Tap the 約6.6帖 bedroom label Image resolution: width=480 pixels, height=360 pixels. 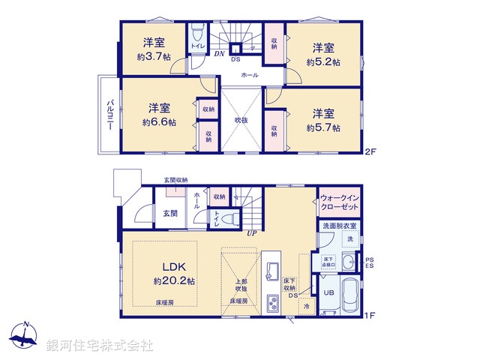[x=159, y=121]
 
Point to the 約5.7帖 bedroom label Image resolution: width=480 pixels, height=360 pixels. [x=323, y=127]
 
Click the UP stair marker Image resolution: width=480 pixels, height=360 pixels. [x=252, y=233]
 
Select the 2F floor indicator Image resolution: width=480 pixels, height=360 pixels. [x=369, y=152]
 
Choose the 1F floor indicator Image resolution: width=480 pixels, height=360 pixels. [x=369, y=316]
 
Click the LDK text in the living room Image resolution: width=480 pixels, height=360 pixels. [x=175, y=268]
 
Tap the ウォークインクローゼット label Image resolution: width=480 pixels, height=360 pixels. [x=339, y=199]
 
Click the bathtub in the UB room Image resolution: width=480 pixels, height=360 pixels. [x=349, y=297]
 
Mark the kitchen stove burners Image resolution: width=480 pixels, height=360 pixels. [x=273, y=304]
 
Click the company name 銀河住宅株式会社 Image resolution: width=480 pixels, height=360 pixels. [x=100, y=345]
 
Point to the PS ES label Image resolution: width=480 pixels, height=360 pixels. [x=370, y=262]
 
